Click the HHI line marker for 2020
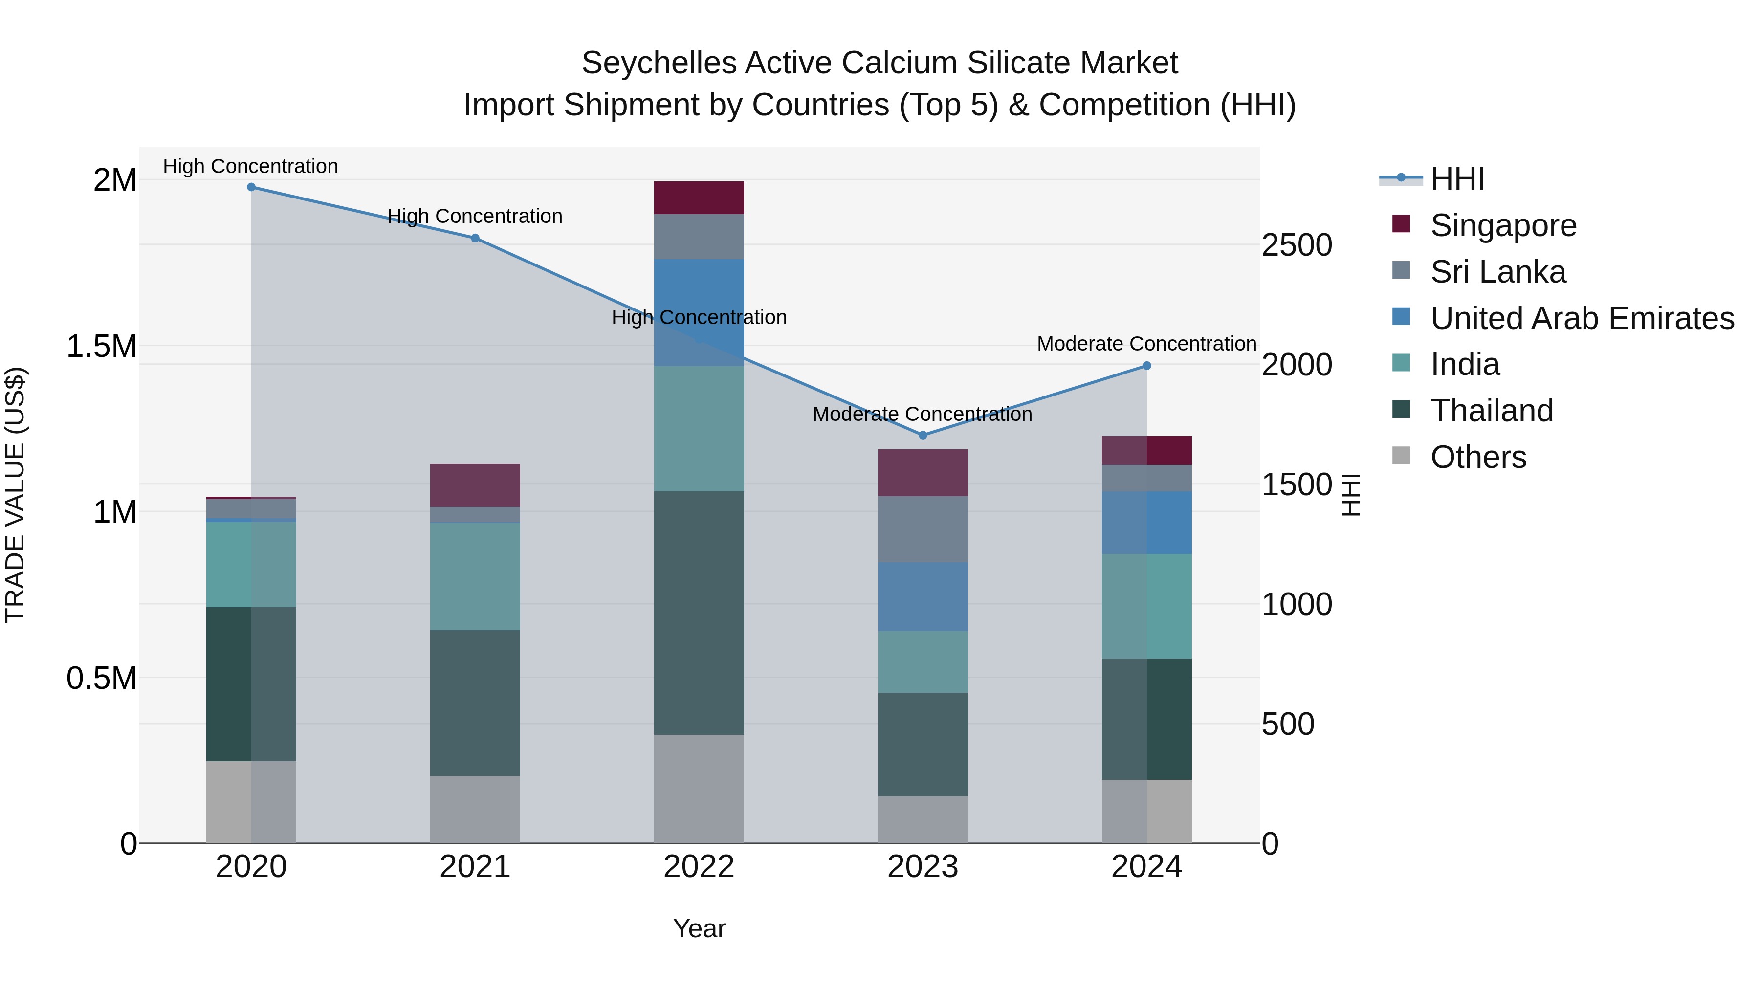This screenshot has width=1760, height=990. tap(251, 187)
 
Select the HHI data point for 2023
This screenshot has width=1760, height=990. tap(923, 435)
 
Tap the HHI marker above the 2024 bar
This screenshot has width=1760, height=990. tap(1147, 366)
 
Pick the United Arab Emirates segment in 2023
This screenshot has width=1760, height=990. tap(923, 596)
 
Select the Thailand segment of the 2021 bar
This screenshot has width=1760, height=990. tap(475, 703)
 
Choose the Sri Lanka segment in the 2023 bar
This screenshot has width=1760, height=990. tap(923, 529)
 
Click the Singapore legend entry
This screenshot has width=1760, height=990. tap(1503, 225)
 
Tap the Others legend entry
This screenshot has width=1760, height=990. tap(1478, 457)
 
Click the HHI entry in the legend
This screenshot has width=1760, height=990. tap(1457, 179)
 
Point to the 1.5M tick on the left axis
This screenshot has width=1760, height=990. tap(102, 347)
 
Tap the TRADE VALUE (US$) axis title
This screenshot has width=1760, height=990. tap(16, 495)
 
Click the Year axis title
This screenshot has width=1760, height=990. tap(699, 928)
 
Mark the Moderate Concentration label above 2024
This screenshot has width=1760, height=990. tap(1146, 344)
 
